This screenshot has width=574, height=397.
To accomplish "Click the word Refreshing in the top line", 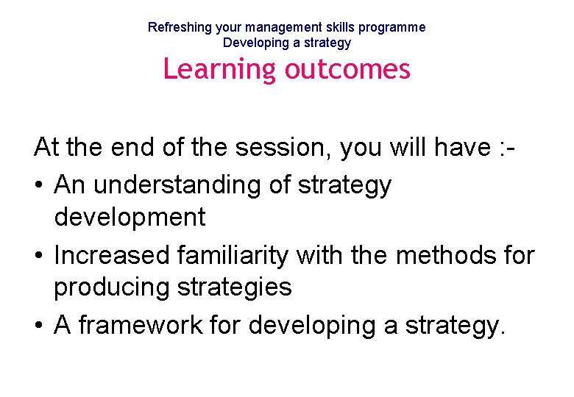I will (x=180, y=27).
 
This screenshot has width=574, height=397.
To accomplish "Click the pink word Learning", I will (x=219, y=69).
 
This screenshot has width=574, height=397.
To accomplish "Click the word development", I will (x=130, y=217).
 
